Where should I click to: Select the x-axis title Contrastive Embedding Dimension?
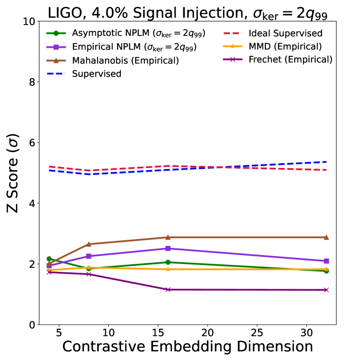[x=187, y=346]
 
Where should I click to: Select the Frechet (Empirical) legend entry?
[x=291, y=59]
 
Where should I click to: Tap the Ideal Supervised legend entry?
[x=286, y=33]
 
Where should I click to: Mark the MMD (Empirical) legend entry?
[x=286, y=46]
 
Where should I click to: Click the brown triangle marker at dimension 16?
[x=168, y=237]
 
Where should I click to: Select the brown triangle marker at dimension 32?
[x=326, y=237]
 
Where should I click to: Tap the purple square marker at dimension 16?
[x=168, y=248]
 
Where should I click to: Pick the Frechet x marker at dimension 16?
[x=168, y=290]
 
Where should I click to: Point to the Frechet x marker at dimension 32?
[x=326, y=290]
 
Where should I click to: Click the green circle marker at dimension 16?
[x=168, y=262]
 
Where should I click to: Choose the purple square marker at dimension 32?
[x=326, y=261]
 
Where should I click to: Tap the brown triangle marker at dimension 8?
[x=89, y=244]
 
